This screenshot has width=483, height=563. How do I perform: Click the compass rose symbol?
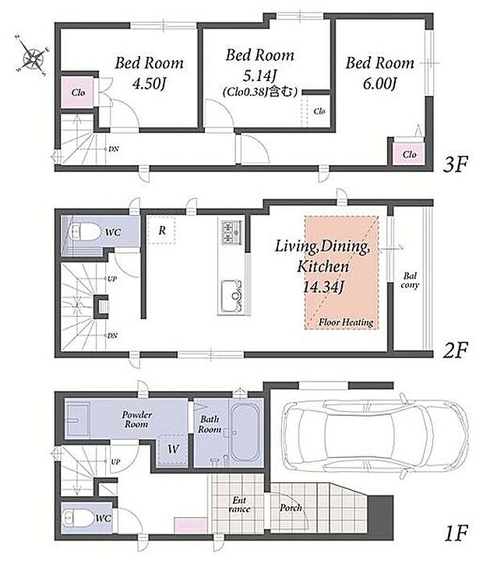pos(33,55)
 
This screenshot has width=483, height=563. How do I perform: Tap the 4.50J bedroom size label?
pos(149,84)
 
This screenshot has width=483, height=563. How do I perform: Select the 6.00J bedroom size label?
pos(379,84)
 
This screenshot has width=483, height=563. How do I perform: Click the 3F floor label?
pos(456,164)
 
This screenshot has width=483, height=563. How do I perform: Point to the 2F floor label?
pos(455,350)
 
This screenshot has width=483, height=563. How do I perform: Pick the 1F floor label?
pos(456,533)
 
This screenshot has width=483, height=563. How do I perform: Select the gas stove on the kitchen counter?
pos(231,232)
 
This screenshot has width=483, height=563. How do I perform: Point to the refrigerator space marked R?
pos(162,230)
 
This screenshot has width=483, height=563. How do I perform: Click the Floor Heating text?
pos(346,322)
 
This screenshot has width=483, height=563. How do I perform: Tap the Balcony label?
pos(410,280)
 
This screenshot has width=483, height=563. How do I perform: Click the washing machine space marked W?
pos(173,449)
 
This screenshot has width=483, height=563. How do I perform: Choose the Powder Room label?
pos(137,420)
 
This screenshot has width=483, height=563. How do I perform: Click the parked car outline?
pos(375,435)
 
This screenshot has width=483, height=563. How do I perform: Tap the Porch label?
pos(291,508)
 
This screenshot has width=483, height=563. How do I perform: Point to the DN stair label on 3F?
pos(114,149)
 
